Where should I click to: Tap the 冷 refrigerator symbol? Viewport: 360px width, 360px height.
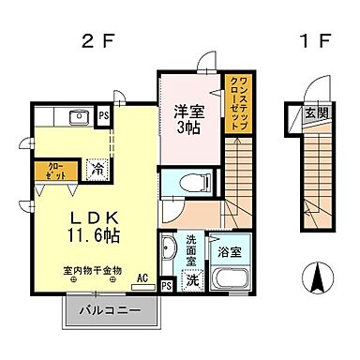click(x=97, y=171)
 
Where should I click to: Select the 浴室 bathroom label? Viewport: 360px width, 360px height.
click(x=230, y=251)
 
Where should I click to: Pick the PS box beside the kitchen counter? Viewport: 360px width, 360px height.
click(x=104, y=116)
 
